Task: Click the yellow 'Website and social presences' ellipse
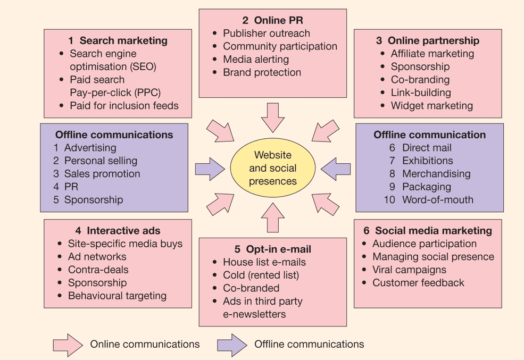tap(272, 168)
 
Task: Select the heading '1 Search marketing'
tap(118, 40)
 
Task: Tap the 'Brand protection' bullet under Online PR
tap(262, 72)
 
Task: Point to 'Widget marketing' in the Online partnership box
tap(431, 105)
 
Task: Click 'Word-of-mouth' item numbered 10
tap(437, 200)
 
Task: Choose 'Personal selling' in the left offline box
tap(101, 161)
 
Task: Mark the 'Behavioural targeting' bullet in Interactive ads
tap(117, 296)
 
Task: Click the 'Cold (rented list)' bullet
tap(261, 275)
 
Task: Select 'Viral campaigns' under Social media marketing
tap(409, 270)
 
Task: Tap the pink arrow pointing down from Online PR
tap(273, 117)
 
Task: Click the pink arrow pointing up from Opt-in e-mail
tap(273, 218)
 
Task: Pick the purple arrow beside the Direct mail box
tap(336, 169)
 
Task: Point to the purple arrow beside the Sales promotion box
tap(210, 169)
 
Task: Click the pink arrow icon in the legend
tap(68, 345)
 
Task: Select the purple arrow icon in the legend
tap(232, 345)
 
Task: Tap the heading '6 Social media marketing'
tap(428, 231)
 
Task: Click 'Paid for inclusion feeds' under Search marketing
tap(124, 105)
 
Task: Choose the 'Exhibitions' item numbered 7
tap(427, 161)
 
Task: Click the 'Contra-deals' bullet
tap(98, 270)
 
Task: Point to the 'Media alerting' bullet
tap(255, 60)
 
